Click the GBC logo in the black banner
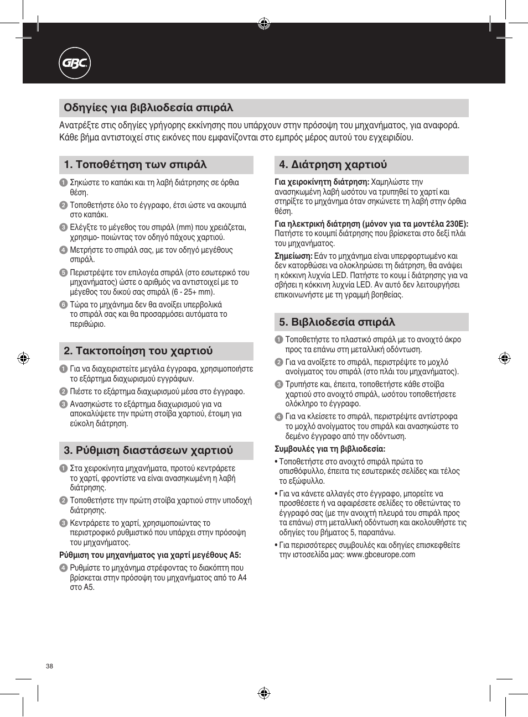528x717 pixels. tap(75, 64)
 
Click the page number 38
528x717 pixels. tap(49, 666)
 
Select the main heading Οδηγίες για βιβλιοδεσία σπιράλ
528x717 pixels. tap(148, 107)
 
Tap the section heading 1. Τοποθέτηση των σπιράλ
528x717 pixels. tap(135, 165)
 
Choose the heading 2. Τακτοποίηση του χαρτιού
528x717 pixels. tap(138, 351)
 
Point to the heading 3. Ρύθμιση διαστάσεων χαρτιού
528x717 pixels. tap(148, 451)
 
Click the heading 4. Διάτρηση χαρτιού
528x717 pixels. tap(333, 165)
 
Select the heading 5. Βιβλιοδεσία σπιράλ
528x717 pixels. tap(337, 322)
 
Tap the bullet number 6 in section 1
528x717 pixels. tap(63, 305)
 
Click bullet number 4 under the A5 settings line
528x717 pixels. tap(63, 568)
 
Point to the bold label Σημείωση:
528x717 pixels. tap(293, 256)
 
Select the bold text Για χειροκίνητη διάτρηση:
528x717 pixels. tap(322, 182)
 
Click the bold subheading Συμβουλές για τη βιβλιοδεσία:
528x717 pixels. tap(330, 449)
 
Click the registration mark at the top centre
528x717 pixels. tap(264, 23)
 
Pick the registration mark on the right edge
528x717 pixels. tap(504, 358)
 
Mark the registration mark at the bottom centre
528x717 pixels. tap(264, 693)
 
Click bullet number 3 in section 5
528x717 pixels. tap(279, 385)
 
